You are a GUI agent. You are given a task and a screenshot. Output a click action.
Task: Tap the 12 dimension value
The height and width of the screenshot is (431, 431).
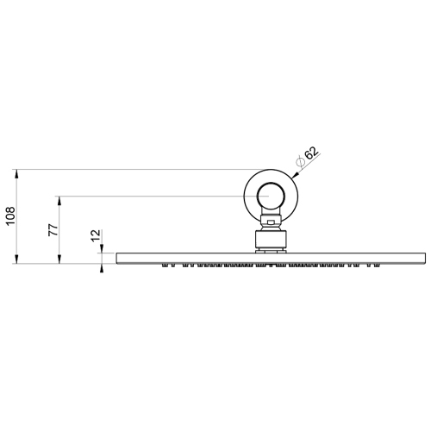pyautogui.click(x=96, y=236)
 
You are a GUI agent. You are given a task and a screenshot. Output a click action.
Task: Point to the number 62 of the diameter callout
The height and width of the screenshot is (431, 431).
pyautogui.click(x=311, y=154)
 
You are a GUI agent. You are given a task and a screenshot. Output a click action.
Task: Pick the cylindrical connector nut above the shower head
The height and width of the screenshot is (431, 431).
pyautogui.click(x=270, y=240)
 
